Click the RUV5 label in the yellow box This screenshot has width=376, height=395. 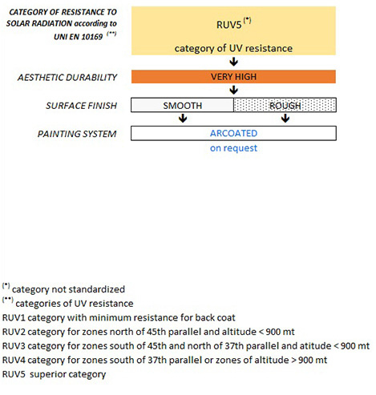(229, 25)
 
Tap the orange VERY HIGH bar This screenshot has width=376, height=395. (233, 77)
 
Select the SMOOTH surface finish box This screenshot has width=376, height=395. (182, 105)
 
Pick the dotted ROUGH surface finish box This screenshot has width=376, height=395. (285, 105)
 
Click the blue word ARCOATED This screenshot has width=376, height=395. (233, 133)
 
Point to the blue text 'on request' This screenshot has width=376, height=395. (233, 148)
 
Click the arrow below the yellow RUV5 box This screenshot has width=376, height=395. (234, 62)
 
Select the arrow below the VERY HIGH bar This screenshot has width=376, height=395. (234, 90)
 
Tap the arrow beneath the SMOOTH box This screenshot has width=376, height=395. (183, 119)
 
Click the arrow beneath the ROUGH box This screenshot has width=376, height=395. (285, 119)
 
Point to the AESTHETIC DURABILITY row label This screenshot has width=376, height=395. (67, 78)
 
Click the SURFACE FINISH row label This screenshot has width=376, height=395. (82, 106)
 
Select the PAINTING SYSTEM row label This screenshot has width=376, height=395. (77, 134)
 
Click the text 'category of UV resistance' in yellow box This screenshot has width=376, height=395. (233, 49)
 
